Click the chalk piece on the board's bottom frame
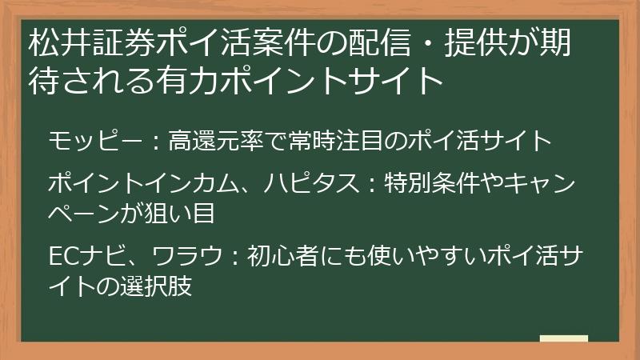564,340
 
